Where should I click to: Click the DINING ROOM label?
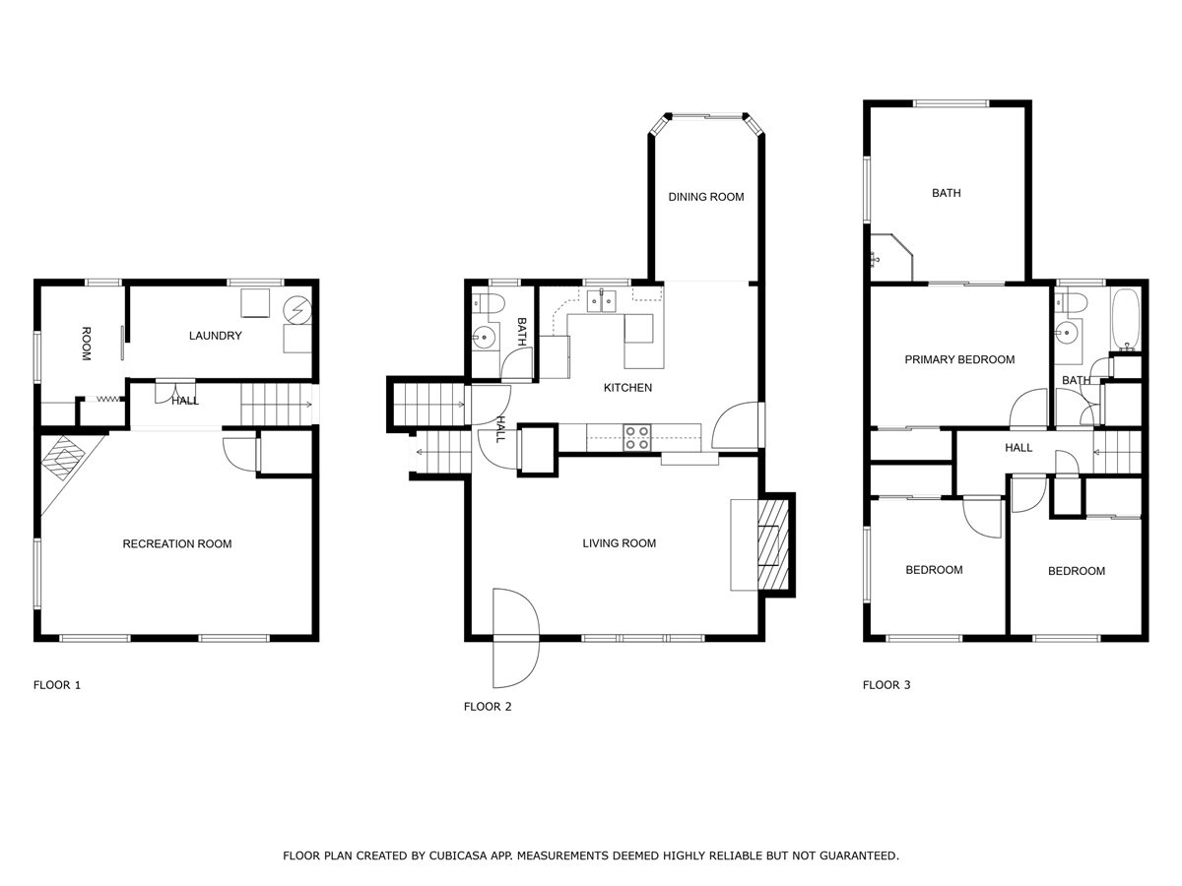(x=706, y=197)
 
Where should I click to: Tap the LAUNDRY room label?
(x=216, y=336)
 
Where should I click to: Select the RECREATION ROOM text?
(x=177, y=543)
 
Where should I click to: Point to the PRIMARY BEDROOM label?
(x=959, y=359)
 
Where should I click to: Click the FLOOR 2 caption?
(x=488, y=706)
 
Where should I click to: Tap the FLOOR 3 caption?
(x=886, y=685)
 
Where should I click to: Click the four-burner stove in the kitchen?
(x=637, y=437)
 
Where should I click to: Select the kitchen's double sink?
(x=603, y=300)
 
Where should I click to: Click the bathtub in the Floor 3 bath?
(x=1126, y=320)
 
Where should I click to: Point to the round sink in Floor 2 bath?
(x=484, y=338)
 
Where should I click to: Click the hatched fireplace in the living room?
(x=773, y=544)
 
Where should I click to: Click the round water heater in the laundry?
(x=297, y=310)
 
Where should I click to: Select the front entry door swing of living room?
(x=516, y=638)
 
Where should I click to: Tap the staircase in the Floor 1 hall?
(x=276, y=405)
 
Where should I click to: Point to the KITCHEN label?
(x=627, y=387)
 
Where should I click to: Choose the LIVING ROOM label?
(x=620, y=543)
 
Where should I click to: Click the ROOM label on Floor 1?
(x=86, y=344)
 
